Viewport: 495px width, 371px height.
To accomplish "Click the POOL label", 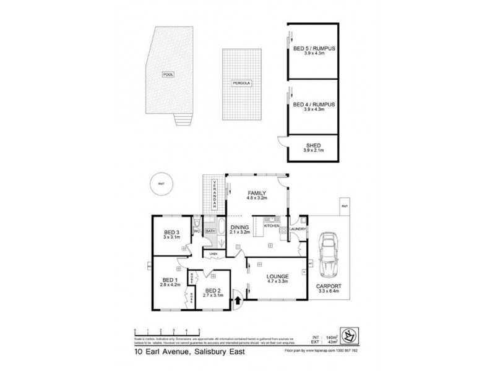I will pyautogui.click(x=167, y=74).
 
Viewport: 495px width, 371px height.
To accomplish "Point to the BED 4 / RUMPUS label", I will pyautogui.click(x=314, y=104).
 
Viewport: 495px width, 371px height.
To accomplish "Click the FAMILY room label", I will pyautogui.click(x=257, y=193).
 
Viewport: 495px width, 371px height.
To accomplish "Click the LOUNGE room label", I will pyautogui.click(x=277, y=278).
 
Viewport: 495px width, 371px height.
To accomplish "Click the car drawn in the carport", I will pyautogui.click(x=328, y=257).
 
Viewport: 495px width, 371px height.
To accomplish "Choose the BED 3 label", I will pyautogui.click(x=171, y=232).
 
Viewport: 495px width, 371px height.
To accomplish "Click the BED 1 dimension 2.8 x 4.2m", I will pyautogui.click(x=170, y=285).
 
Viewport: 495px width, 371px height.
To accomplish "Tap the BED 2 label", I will pyautogui.click(x=213, y=291).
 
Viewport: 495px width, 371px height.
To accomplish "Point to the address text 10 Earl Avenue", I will pyautogui.click(x=157, y=352).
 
